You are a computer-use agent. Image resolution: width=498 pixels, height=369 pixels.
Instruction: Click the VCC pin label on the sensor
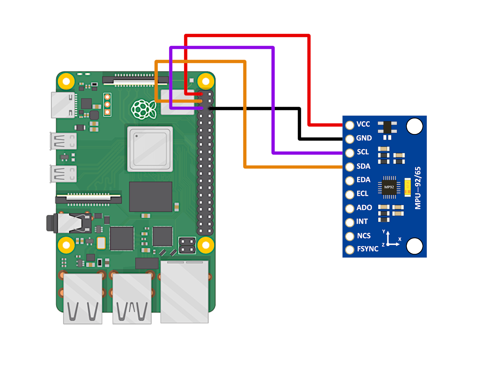pyautogui.click(x=363, y=124)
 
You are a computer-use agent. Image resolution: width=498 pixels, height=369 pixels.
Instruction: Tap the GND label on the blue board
pyautogui.click(x=364, y=138)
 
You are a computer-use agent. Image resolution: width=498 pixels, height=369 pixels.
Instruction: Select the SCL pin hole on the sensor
pyautogui.click(x=350, y=153)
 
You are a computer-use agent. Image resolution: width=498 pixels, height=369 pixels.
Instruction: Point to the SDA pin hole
pyautogui.click(x=350, y=167)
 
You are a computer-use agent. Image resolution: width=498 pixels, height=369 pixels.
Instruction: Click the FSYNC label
pyautogui.click(x=368, y=249)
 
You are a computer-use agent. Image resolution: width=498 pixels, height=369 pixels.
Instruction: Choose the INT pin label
pyautogui.click(x=362, y=221)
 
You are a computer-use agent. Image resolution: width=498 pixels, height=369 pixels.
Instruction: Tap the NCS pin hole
pyautogui.click(x=350, y=236)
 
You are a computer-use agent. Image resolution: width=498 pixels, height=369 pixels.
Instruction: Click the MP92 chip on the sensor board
pyautogui.click(x=389, y=187)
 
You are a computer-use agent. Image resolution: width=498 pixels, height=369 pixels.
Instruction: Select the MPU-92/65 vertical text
pyautogui.click(x=418, y=188)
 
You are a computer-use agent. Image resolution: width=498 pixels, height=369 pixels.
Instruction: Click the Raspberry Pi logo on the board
pyautogui.click(x=144, y=109)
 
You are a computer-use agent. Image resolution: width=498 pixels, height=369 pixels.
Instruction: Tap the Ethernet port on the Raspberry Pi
pyautogui.click(x=184, y=292)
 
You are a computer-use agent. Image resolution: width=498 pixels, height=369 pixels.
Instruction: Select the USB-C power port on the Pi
pyautogui.click(x=63, y=105)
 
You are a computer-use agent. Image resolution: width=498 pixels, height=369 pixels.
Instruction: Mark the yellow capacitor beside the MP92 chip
pyautogui.click(x=407, y=187)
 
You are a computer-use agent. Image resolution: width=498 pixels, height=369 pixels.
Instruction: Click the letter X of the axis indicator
pyautogui.click(x=400, y=239)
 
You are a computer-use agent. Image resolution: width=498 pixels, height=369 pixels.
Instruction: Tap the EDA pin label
pyautogui.click(x=363, y=180)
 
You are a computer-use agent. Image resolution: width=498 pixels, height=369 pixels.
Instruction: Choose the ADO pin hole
pyautogui.click(x=350, y=209)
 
